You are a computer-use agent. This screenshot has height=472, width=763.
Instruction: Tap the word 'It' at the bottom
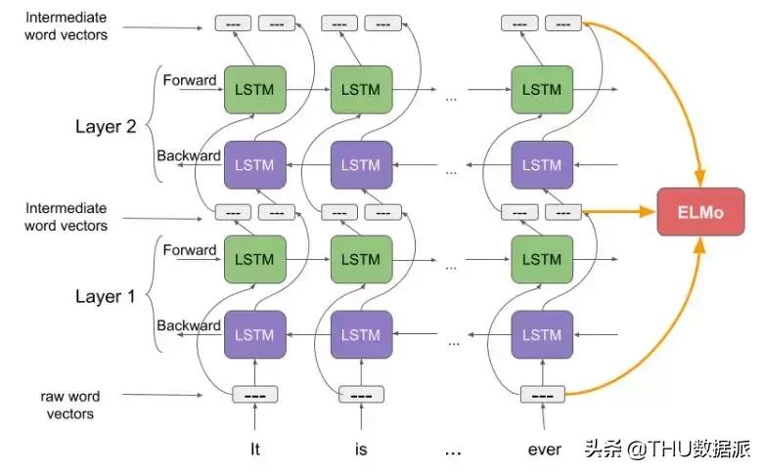click(x=255, y=450)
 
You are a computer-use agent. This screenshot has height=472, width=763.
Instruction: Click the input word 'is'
click(x=361, y=450)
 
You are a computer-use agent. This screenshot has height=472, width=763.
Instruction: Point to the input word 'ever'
click(x=544, y=450)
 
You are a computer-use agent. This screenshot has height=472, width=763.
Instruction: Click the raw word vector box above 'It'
click(x=255, y=395)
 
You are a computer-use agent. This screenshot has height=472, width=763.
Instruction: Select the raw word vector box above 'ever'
click(x=543, y=395)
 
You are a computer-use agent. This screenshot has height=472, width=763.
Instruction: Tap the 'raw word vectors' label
click(x=69, y=406)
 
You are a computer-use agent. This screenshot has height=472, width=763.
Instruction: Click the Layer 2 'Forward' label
click(x=189, y=80)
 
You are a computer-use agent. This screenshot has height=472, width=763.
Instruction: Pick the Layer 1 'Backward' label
click(x=189, y=325)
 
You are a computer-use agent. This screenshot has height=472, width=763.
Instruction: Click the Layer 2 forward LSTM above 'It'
click(x=255, y=90)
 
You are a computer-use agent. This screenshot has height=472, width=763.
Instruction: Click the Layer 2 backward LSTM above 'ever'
click(x=542, y=164)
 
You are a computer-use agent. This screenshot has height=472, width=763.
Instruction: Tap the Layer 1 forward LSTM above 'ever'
click(x=542, y=259)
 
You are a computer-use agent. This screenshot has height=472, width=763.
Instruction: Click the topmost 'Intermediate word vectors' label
click(x=67, y=26)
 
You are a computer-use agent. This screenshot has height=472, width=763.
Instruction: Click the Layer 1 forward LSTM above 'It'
click(x=255, y=259)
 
